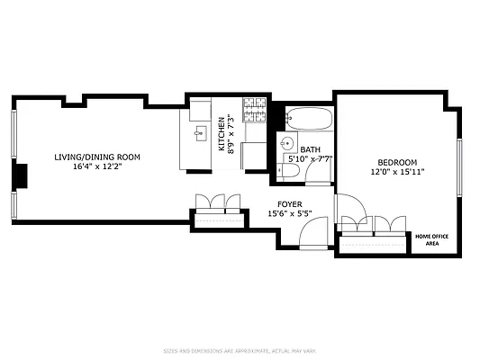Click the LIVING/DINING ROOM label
pos(97,157)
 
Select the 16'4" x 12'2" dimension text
pos(97,167)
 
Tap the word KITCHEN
pos(222,133)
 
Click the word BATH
pos(311,150)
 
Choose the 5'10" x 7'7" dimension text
pos(311,160)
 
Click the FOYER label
pos(289,204)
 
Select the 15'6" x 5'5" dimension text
pos(289,214)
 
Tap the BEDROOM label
pos(397,162)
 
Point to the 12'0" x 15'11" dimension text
pos(397,172)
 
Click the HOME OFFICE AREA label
pos(432,240)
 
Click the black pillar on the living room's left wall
pos(19,175)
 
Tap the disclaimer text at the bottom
pos(240,350)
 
